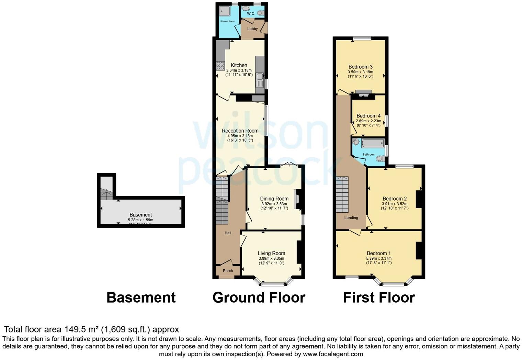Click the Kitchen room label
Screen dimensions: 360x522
click(x=239, y=65)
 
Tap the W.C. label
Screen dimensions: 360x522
click(x=251, y=14)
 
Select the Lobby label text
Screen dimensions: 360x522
click(x=252, y=29)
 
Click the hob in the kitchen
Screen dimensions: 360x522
click(x=220, y=66)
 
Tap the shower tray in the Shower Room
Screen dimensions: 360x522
click(x=225, y=11)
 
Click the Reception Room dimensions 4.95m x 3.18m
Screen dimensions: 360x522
click(x=240, y=136)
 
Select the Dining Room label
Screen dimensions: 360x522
click(x=274, y=199)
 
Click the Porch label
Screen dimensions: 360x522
click(x=228, y=271)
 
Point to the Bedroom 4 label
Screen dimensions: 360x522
click(x=368, y=116)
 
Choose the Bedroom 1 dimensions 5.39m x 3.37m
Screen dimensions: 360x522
click(x=379, y=258)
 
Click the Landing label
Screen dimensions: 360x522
click(x=351, y=218)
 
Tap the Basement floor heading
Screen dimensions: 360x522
click(x=141, y=297)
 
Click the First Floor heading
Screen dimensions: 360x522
click(x=379, y=297)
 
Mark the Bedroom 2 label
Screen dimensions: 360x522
click(x=395, y=199)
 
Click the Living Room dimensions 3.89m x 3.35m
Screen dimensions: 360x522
click(x=271, y=258)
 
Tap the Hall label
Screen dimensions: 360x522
click(x=228, y=233)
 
